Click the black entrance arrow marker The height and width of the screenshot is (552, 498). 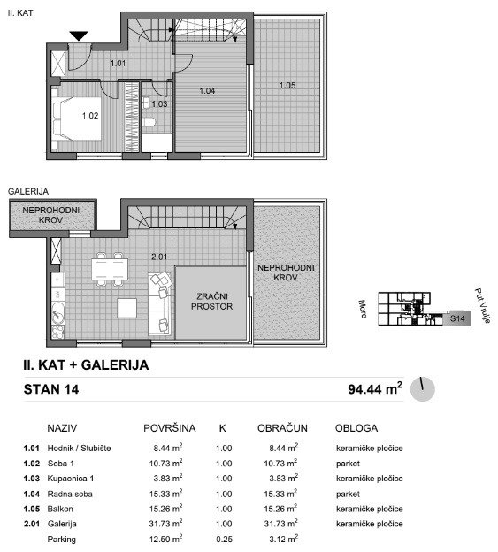click(79, 35)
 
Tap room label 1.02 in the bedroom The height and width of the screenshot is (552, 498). click(90, 116)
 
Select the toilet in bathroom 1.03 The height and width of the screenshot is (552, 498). click(149, 122)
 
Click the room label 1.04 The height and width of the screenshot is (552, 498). click(207, 91)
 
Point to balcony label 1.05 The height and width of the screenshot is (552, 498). click(287, 85)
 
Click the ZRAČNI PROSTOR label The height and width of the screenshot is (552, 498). click(212, 302)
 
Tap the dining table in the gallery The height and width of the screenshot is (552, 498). click(110, 269)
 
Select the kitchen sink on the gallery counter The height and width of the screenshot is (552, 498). click(58, 312)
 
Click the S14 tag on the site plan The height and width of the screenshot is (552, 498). click(457, 318)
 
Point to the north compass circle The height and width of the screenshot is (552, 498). click(423, 389)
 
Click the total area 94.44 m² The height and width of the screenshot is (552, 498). click(375, 388)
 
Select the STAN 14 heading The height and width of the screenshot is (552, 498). click(51, 389)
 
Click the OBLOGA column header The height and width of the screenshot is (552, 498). click(356, 428)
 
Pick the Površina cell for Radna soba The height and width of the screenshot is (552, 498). click(165, 494)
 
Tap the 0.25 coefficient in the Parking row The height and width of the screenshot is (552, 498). click(224, 539)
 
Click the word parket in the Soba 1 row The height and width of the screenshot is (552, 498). click(348, 464)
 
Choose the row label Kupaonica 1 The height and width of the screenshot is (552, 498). click(71, 479)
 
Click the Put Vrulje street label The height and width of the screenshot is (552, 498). click(482, 305)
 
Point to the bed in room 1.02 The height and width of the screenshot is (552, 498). click(77, 119)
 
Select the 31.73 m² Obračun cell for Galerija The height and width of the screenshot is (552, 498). click(281, 524)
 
